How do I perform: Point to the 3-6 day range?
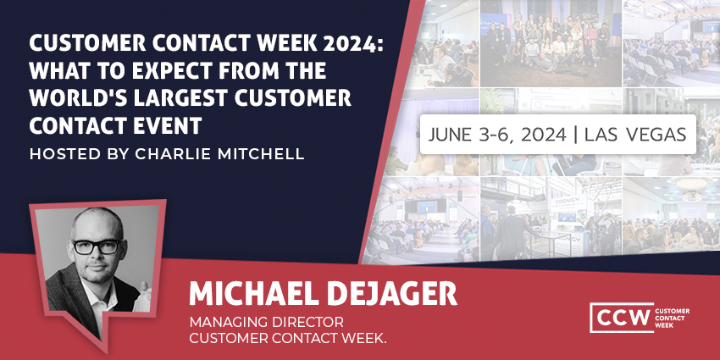(x=499, y=134)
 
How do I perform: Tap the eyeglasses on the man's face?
(x=96, y=247)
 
